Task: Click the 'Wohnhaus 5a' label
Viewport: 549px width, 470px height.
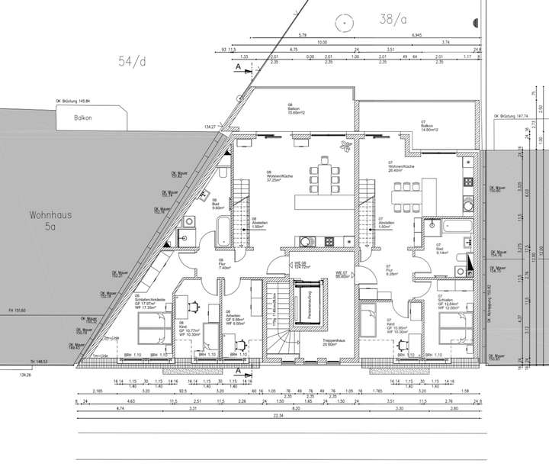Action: click(50, 221)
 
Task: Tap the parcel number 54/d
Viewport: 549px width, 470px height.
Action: click(131, 61)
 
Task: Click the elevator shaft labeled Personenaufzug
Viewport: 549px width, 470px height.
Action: click(310, 304)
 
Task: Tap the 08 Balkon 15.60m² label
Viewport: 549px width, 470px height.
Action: click(294, 108)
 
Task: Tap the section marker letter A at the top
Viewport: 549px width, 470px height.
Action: click(237, 67)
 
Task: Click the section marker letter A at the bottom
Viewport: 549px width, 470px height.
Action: click(238, 371)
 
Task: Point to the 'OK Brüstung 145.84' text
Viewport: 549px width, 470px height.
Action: click(72, 101)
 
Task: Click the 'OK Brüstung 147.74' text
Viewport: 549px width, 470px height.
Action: click(511, 116)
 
